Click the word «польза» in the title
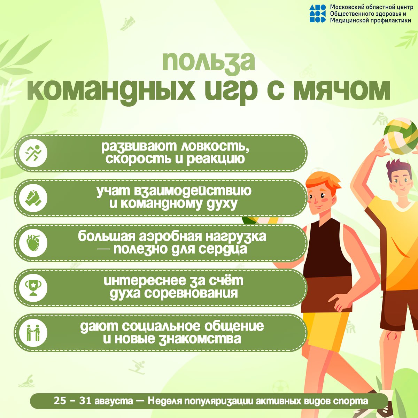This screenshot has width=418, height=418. [x=208, y=62]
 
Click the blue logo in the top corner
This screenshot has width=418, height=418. [x=317, y=14]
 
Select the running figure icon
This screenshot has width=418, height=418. [x=33, y=153]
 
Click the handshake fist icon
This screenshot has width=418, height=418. [x=33, y=198]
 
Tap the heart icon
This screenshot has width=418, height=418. [x=33, y=243]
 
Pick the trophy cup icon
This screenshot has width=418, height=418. [x=33, y=288]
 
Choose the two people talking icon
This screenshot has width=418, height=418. [x=33, y=333]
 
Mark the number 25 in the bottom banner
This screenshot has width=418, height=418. [x=60, y=401]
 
